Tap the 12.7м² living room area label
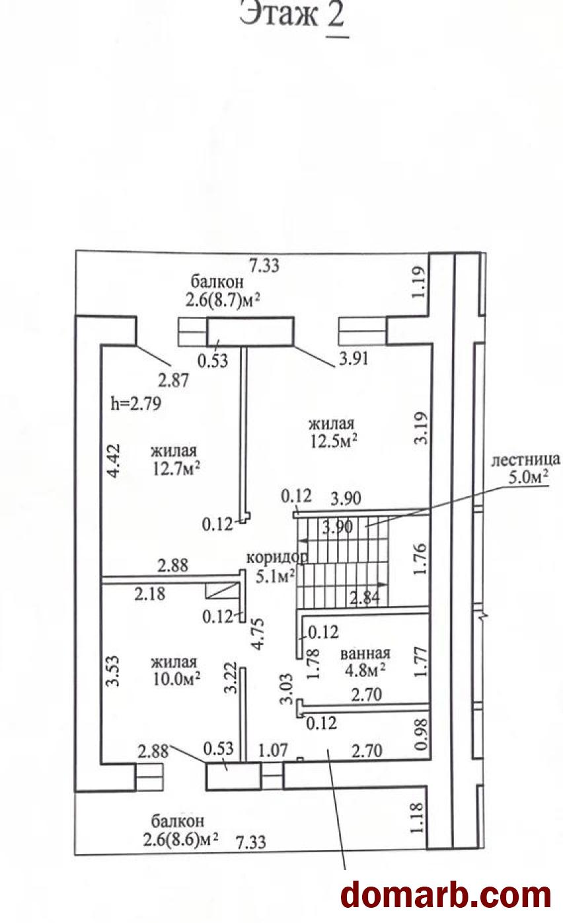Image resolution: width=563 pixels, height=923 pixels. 176,469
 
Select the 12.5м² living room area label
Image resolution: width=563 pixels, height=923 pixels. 333,442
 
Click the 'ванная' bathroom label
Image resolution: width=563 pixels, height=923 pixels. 365,654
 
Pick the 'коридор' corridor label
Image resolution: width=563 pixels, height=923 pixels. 277,558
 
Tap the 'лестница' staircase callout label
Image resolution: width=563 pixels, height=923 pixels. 525,459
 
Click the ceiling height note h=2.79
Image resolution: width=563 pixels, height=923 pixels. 136,404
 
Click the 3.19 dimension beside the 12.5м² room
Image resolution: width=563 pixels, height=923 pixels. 422,429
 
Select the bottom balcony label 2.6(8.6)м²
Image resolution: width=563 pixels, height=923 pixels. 180,840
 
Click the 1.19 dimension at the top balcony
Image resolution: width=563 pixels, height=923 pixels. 418,283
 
